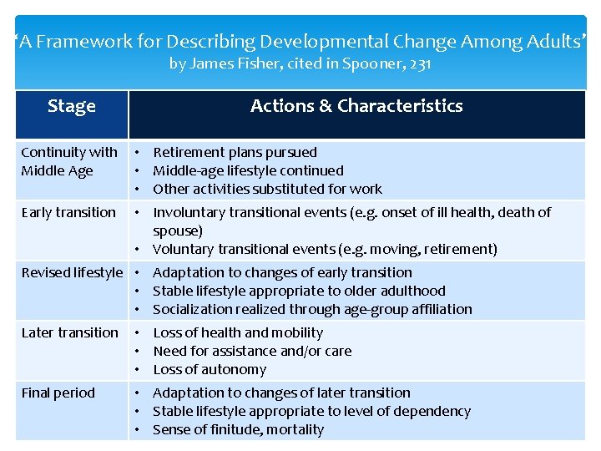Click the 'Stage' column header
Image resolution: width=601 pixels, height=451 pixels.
tap(72, 106)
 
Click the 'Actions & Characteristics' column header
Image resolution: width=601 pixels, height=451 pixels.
tap(356, 106)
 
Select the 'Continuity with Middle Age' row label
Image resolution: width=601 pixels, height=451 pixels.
tap(69, 161)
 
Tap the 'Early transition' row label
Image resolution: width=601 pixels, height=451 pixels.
tap(68, 212)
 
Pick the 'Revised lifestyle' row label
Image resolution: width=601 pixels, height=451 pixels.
tap(72, 272)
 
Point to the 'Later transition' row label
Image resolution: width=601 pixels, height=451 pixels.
tap(69, 332)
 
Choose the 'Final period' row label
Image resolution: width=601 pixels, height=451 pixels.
tap(58, 393)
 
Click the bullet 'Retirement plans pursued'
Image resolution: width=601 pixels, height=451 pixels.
tap(235, 152)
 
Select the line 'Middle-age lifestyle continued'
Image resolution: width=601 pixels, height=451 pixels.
tap(248, 170)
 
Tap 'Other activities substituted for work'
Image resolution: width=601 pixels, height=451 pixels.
tap(267, 189)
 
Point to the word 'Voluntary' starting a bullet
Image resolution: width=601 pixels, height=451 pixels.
tap(184, 249)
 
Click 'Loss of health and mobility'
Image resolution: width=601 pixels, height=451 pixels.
tap(238, 332)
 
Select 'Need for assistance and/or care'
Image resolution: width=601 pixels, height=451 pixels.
tap(252, 351)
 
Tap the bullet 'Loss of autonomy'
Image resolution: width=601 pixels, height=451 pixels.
tap(210, 369)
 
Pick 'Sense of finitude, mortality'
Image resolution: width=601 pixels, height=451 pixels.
tap(238, 429)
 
